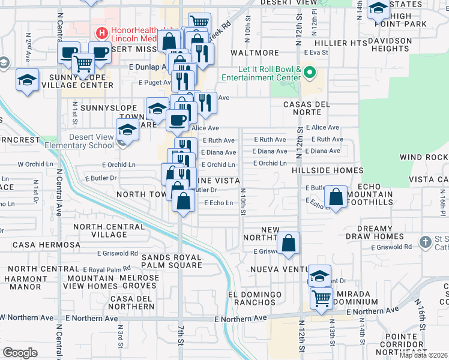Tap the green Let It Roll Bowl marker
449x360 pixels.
coord(310,74)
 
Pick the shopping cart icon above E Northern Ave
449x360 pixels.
coord(322,298)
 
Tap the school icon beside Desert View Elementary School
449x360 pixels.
coord(127,129)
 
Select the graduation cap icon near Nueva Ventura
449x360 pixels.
coord(320,275)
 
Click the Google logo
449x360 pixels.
coord(20,353)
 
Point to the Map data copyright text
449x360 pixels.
coord(423,355)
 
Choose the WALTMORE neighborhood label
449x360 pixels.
coord(251,53)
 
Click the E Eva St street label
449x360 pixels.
coord(317,53)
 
